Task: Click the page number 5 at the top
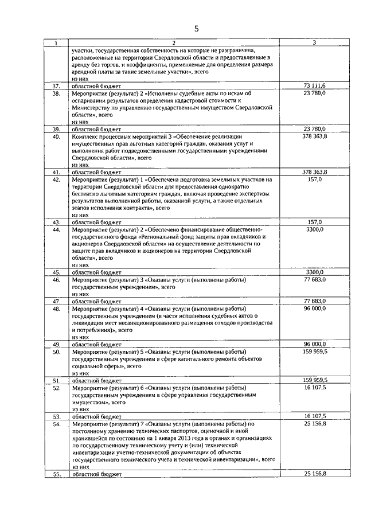(196, 28)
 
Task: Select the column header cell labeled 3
(314, 42)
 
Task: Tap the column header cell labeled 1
(56, 43)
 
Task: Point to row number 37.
(56, 85)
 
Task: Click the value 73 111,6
(314, 85)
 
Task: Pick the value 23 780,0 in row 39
(314, 128)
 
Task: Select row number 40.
(56, 136)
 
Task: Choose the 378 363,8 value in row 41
(314, 171)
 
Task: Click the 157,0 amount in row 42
(314, 179)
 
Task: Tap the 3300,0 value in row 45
(314, 272)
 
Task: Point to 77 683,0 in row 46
(314, 279)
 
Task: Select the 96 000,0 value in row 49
(314, 344)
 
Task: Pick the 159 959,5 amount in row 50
(314, 352)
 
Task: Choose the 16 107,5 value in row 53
(314, 416)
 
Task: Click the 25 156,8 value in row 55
(314, 474)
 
